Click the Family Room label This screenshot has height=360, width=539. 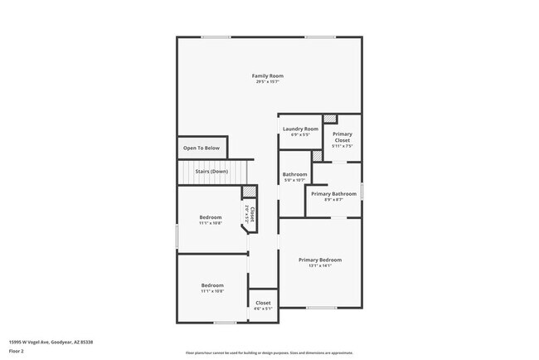coord(268,75)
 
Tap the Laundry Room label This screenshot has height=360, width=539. coord(300,129)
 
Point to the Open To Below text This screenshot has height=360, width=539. coord(202,148)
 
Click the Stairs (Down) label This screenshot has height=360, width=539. coord(211,172)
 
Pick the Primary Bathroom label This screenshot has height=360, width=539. coord(334,193)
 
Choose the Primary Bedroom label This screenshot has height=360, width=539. coord(320,260)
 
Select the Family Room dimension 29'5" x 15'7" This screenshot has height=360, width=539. coord(268,81)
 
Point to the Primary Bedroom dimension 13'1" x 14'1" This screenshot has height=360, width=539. coord(320,265)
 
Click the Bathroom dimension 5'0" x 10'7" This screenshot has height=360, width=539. coord(295,180)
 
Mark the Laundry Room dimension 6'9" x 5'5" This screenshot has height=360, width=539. coord(300,134)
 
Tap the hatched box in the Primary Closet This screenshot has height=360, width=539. coord(329,119)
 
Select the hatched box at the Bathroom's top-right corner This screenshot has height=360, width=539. coord(316,155)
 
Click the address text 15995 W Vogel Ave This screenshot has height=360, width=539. coord(51,342)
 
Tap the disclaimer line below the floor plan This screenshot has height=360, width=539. coord(268,352)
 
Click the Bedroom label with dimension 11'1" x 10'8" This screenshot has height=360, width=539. coord(211,217)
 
